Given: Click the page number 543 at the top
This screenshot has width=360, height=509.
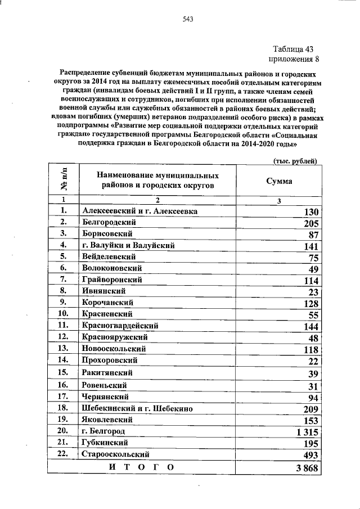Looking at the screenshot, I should pyautogui.click(x=188, y=20).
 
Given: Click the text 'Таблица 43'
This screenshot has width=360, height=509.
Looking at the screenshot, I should pyautogui.click(x=293, y=49).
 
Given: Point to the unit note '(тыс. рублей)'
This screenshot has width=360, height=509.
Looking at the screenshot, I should pyautogui.click(x=295, y=160).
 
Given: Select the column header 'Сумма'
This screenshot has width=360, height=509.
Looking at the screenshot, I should pyautogui.click(x=279, y=182).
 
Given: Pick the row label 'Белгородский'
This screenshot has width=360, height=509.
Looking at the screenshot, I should pyautogui.click(x=109, y=222).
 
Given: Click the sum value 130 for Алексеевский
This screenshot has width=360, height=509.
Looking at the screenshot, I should pyautogui.click(x=311, y=212).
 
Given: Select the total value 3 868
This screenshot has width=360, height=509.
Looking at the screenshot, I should pyautogui.click(x=308, y=468).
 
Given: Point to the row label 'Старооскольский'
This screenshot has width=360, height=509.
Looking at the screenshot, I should pyautogui.click(x=115, y=454).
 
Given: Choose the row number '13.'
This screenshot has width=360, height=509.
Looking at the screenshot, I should pyautogui.click(x=64, y=349).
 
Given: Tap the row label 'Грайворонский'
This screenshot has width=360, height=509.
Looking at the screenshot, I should pyautogui.click(x=111, y=280).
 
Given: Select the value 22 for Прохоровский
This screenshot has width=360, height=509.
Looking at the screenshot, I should pyautogui.click(x=313, y=361).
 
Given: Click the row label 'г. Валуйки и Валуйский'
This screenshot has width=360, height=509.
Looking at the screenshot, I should pyautogui.click(x=128, y=245).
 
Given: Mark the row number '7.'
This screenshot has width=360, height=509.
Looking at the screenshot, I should pyautogui.click(x=64, y=280).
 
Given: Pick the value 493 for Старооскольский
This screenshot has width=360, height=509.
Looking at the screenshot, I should pyautogui.click(x=311, y=455).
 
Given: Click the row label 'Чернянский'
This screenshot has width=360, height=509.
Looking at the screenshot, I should pyautogui.click(x=105, y=397).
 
